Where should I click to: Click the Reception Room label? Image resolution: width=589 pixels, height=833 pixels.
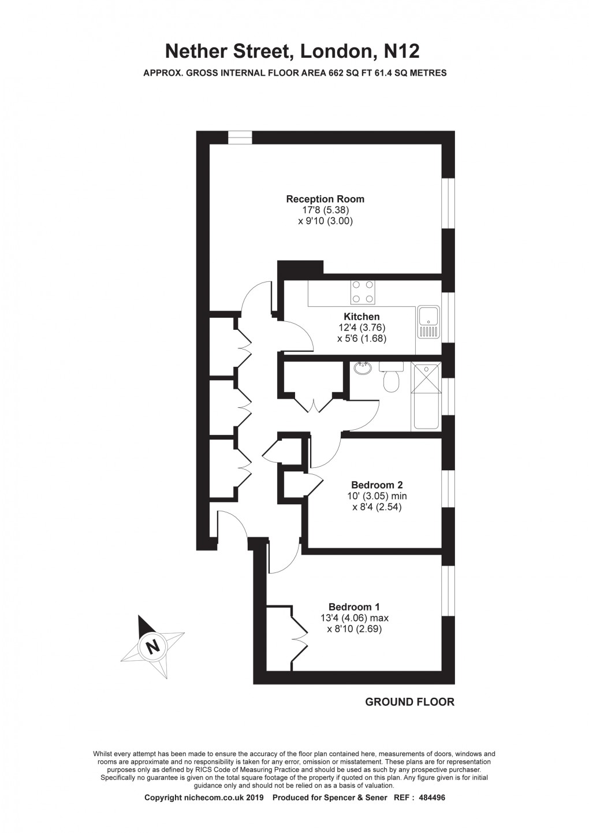coord(325,199)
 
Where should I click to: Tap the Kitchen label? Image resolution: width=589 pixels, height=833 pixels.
coord(361,317)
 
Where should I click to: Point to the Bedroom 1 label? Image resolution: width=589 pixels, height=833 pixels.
coord(354,607)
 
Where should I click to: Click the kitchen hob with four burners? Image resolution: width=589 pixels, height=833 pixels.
coord(362,292)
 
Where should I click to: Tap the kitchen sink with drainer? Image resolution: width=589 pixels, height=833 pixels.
coord(428,322)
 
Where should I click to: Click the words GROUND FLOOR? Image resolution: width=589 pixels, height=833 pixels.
coord(409,702)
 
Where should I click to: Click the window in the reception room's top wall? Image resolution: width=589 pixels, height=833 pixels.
coord(240,137)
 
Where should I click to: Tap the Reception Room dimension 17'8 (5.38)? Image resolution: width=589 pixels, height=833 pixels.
coord(325,210)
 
